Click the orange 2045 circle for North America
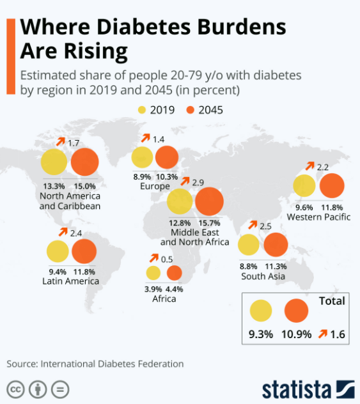click(x=84, y=162)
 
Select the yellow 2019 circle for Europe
click(x=142, y=158)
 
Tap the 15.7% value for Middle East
click(x=208, y=222)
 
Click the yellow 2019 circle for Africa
click(x=153, y=273)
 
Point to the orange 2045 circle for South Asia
click(x=275, y=245)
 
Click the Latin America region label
click(x=70, y=281)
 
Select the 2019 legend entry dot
click(x=142, y=110)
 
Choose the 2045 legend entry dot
click(x=191, y=110)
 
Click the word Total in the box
click(x=331, y=300)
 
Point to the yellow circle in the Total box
click(x=261, y=311)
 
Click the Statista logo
click(x=306, y=389)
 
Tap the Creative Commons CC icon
click(x=15, y=389)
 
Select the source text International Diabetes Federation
click(x=112, y=364)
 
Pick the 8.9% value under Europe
click(x=142, y=176)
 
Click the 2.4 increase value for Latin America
click(x=76, y=232)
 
